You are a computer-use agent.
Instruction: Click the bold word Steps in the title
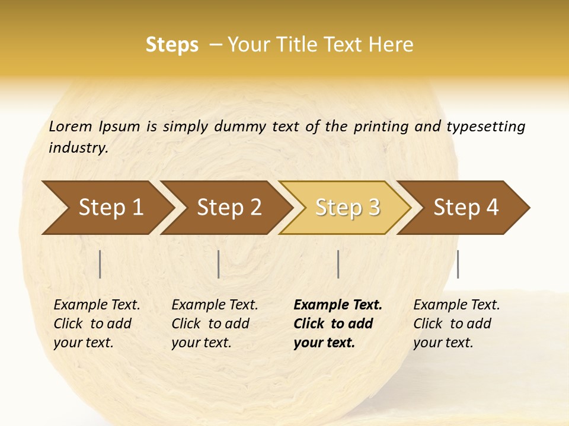(x=172, y=45)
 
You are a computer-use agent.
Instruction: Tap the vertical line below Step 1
(x=100, y=264)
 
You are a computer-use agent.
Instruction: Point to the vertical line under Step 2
(x=219, y=264)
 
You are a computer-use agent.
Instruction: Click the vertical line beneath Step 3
(x=338, y=264)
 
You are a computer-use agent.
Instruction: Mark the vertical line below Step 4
(x=458, y=264)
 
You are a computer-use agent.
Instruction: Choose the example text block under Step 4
(x=456, y=324)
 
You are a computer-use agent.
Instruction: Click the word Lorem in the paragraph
(x=71, y=126)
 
